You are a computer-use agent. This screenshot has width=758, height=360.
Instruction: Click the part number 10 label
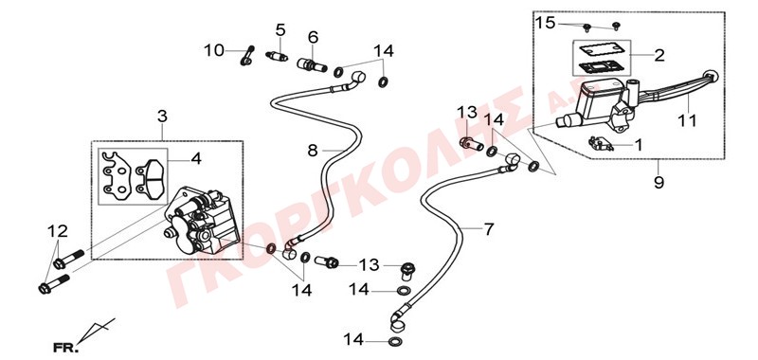pyautogui.click(x=214, y=50)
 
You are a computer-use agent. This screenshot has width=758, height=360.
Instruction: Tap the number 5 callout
pyautogui.click(x=280, y=30)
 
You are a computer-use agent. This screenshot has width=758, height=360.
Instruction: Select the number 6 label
pyautogui.click(x=313, y=37)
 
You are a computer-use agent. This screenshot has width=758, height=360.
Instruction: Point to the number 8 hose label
pyautogui.click(x=313, y=151)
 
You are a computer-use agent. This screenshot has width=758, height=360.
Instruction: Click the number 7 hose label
pyautogui.click(x=489, y=229)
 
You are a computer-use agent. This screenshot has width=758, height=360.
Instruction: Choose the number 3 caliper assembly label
pyautogui.click(x=162, y=116)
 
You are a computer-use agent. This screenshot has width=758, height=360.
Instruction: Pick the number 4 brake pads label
pyautogui.click(x=196, y=159)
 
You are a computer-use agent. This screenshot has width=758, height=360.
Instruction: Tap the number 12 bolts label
pyautogui.click(x=58, y=231)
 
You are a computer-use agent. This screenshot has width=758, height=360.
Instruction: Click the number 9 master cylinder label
pyautogui.click(x=659, y=183)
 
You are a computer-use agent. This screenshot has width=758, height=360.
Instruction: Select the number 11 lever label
pyautogui.click(x=687, y=120)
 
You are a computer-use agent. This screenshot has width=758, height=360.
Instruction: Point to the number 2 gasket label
pyautogui.click(x=659, y=55)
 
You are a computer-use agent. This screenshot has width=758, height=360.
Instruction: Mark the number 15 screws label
pyautogui.click(x=546, y=23)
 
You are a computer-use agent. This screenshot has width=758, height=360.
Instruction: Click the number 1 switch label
pyautogui.click(x=638, y=145)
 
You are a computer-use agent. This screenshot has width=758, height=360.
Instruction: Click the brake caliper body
pyautogui.click(x=202, y=221)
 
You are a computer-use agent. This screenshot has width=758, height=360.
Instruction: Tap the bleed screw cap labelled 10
pyautogui.click(x=246, y=55)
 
